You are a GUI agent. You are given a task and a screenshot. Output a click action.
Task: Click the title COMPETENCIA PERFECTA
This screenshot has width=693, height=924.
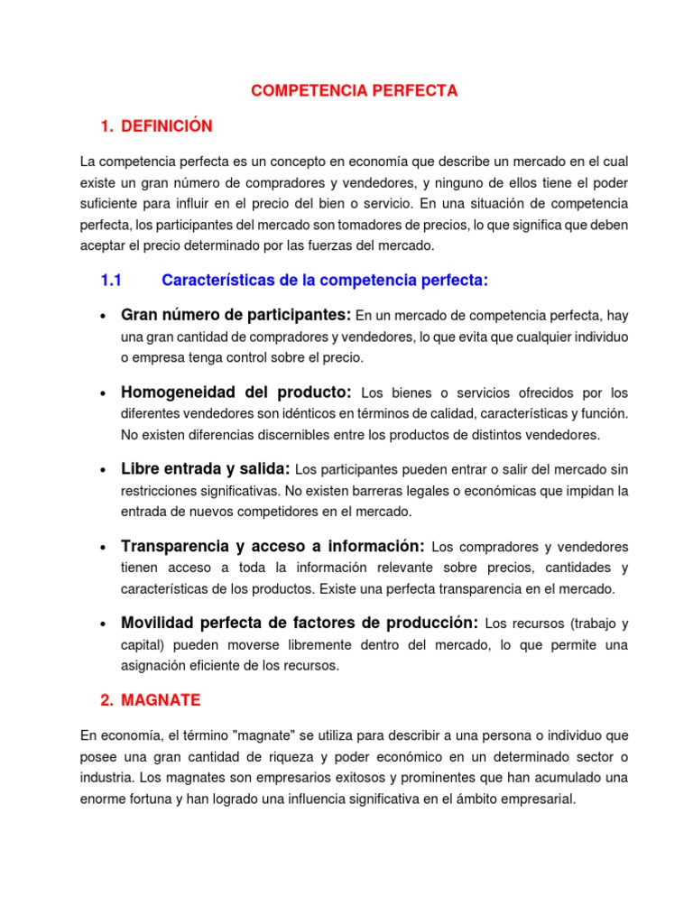(x=355, y=91)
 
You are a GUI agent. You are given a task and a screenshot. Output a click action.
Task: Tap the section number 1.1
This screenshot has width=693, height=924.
(x=111, y=281)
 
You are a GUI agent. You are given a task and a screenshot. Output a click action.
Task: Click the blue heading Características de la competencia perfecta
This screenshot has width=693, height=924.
(x=325, y=281)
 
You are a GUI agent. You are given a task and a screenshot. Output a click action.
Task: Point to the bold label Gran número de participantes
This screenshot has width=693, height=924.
(x=236, y=315)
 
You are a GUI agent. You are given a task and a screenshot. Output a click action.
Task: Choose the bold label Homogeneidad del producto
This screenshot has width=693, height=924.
(x=236, y=393)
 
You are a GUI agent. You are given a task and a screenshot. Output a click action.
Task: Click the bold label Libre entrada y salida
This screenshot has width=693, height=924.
(x=205, y=469)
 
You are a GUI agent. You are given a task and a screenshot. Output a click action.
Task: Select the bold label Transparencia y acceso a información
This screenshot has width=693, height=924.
(x=273, y=546)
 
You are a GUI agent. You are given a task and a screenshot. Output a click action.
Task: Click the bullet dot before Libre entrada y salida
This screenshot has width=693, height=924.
(x=105, y=471)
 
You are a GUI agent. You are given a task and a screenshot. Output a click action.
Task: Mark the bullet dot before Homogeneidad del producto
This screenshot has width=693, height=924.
(x=105, y=394)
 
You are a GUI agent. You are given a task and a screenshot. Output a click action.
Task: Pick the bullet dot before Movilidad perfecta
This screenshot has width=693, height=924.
(x=105, y=624)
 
